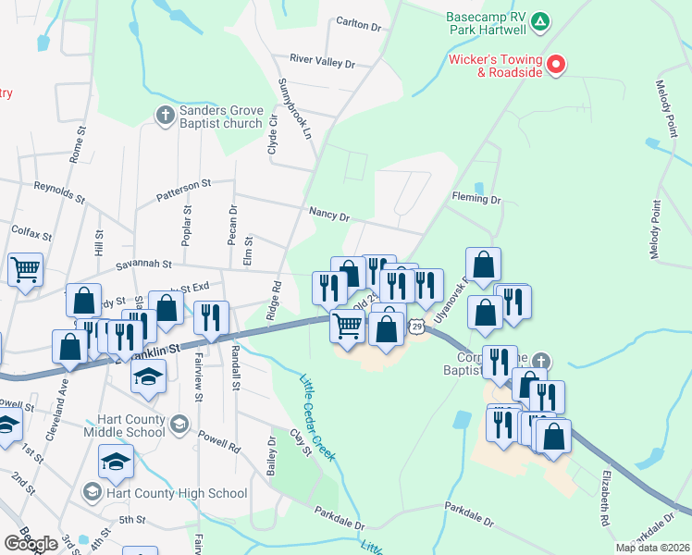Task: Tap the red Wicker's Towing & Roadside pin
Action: pos(556,65)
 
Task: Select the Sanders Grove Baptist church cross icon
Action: pos(165,115)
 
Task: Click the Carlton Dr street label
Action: pos(359,25)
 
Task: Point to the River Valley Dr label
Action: pos(322,61)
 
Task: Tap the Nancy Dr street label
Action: pos(329,216)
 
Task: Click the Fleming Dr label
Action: pos(476,199)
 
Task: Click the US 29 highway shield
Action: pos(418,327)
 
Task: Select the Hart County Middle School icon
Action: pos(179,425)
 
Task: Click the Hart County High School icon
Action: pos(92,491)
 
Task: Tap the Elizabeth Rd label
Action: pos(605,499)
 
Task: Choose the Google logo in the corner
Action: pos(31,544)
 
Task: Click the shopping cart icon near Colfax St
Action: pos(25,268)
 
